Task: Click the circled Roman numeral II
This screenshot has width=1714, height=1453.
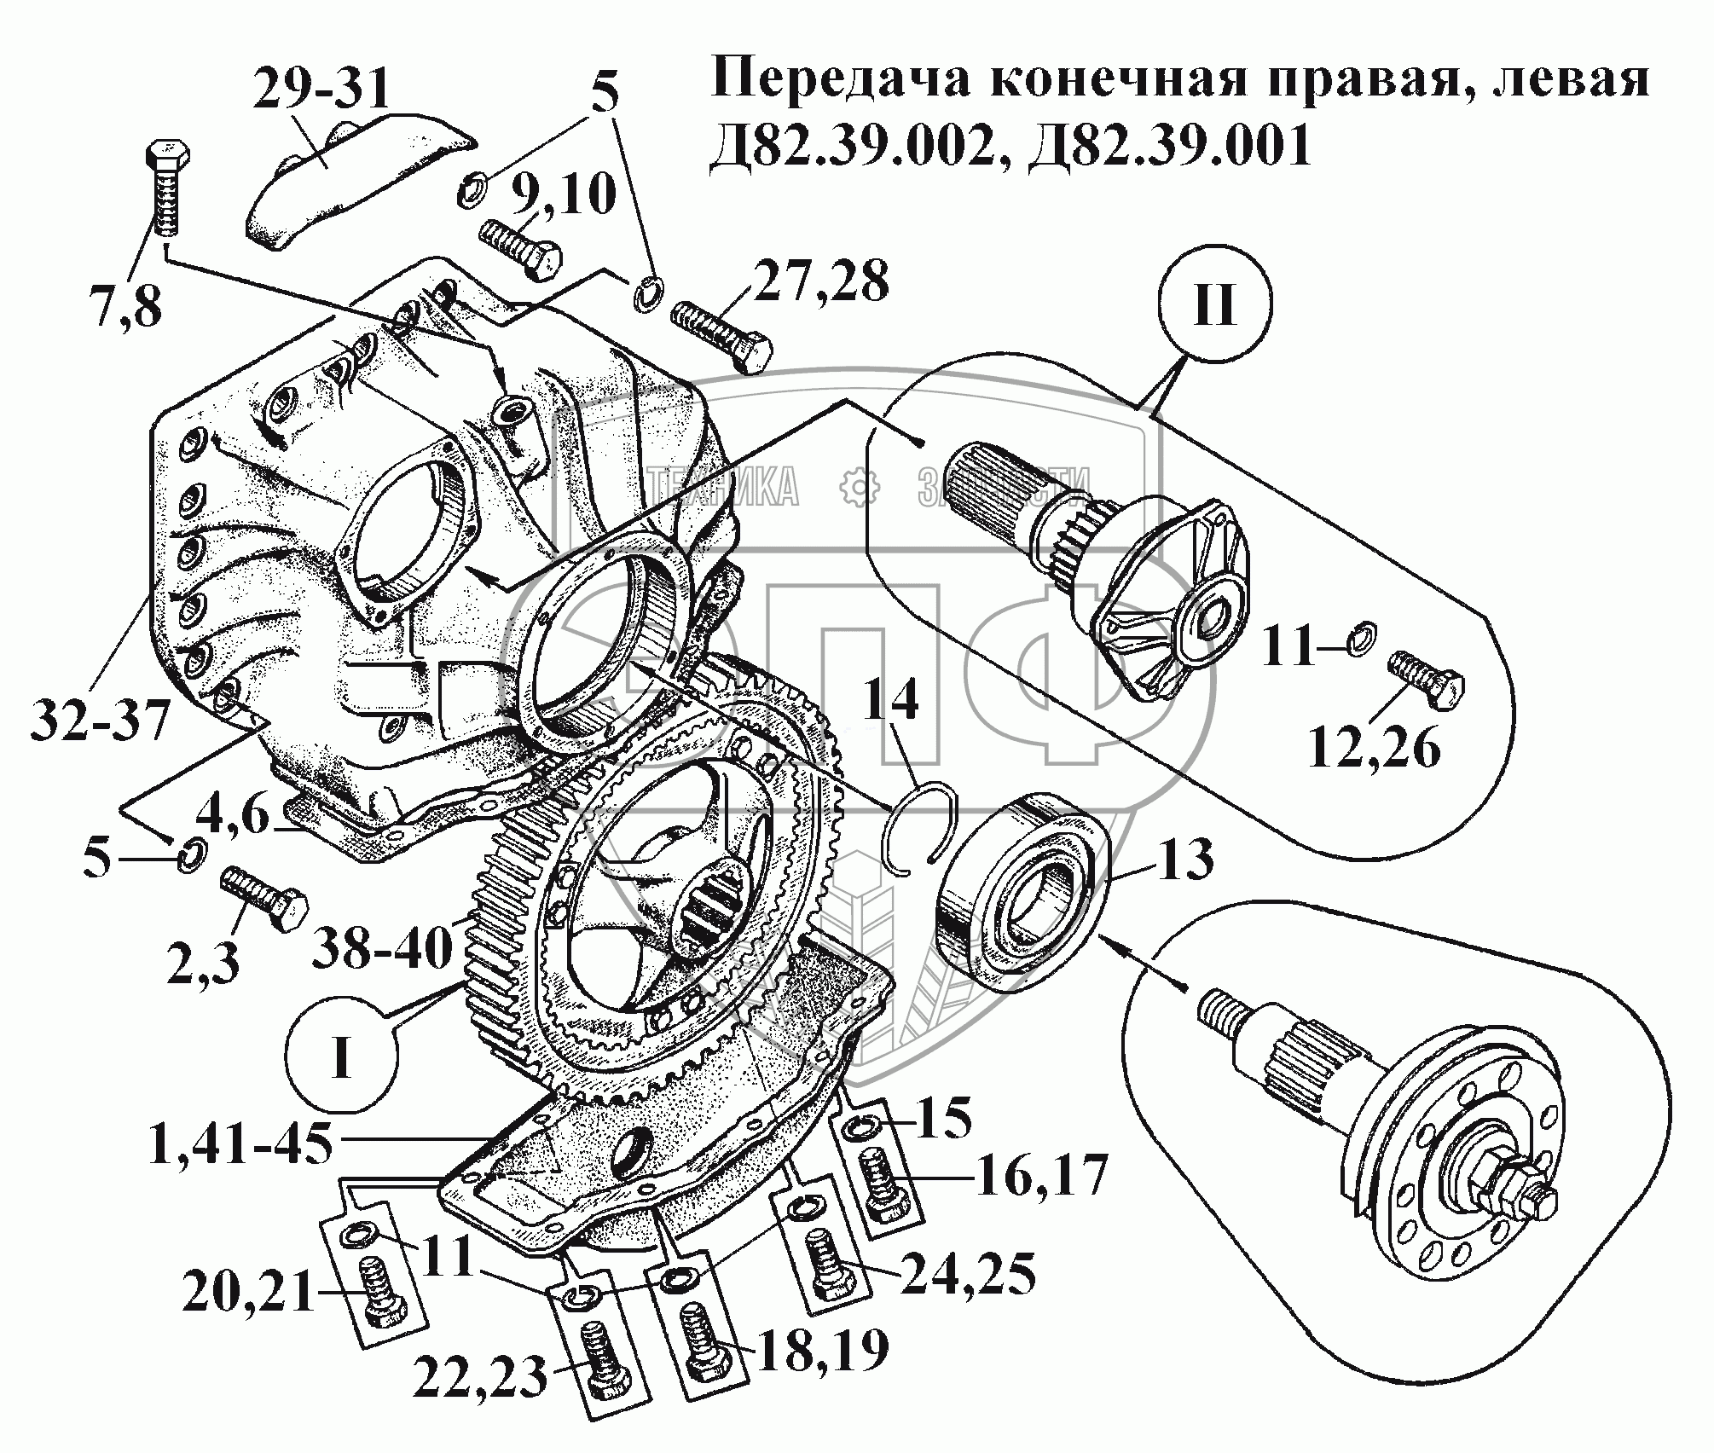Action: (1214, 306)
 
